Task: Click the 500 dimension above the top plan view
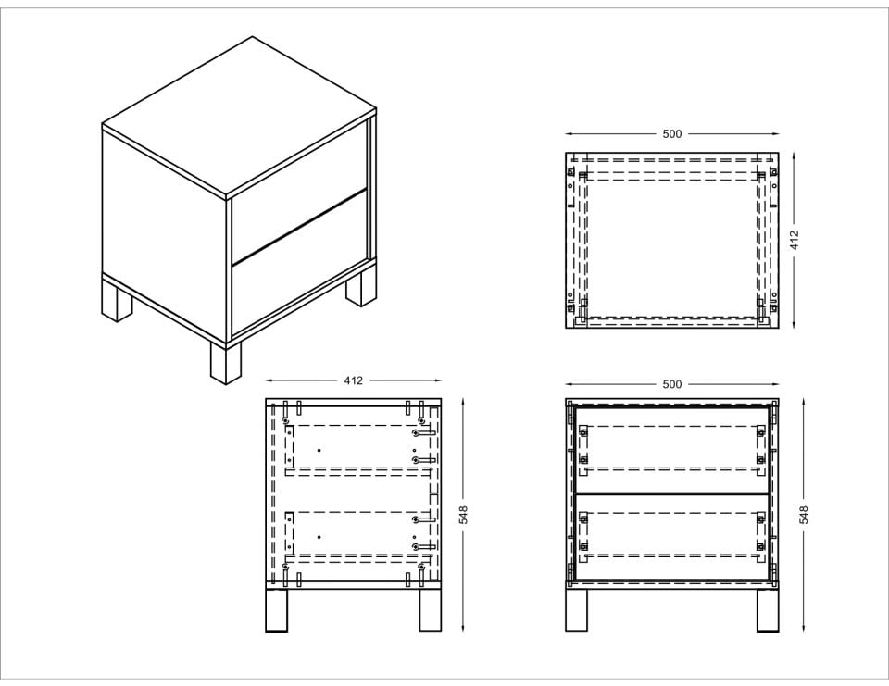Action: point(672,134)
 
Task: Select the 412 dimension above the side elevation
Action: point(353,380)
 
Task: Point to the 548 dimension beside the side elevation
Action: point(464,514)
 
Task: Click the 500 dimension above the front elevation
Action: point(672,384)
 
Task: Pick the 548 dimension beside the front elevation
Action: point(804,514)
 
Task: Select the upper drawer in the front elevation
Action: point(672,450)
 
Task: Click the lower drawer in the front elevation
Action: point(672,537)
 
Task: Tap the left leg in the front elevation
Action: point(577,611)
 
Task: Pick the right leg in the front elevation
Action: point(768,611)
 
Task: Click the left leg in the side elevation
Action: point(277,611)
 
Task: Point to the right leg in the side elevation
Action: point(431,611)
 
